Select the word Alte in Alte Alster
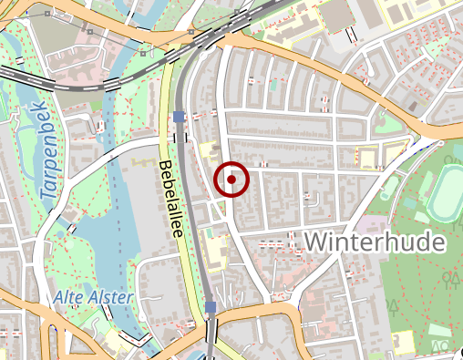click(68, 298)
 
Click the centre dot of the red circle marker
click(231, 180)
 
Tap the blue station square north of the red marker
click(179, 117)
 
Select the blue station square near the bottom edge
click(211, 308)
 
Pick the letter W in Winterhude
click(315, 242)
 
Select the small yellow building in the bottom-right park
click(401, 342)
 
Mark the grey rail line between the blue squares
click(191, 210)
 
